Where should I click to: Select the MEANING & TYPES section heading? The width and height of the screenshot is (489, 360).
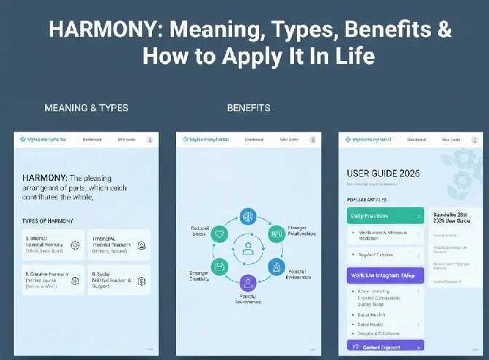pyautogui.click(x=86, y=108)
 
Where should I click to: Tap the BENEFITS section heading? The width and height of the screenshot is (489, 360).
pyautogui.click(x=248, y=108)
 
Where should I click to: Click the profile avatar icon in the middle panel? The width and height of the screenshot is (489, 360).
pyautogui.click(x=311, y=139)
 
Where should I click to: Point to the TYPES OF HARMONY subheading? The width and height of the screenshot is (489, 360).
pyautogui.click(x=48, y=220)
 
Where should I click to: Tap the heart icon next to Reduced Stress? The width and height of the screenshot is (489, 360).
pyautogui.click(x=220, y=234)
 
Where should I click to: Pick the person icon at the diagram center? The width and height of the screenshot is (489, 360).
pyautogui.click(x=248, y=249)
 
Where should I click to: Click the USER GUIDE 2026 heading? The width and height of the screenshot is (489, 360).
pyautogui.click(x=383, y=173)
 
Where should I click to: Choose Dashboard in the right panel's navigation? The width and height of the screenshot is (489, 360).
pyautogui.click(x=416, y=139)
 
